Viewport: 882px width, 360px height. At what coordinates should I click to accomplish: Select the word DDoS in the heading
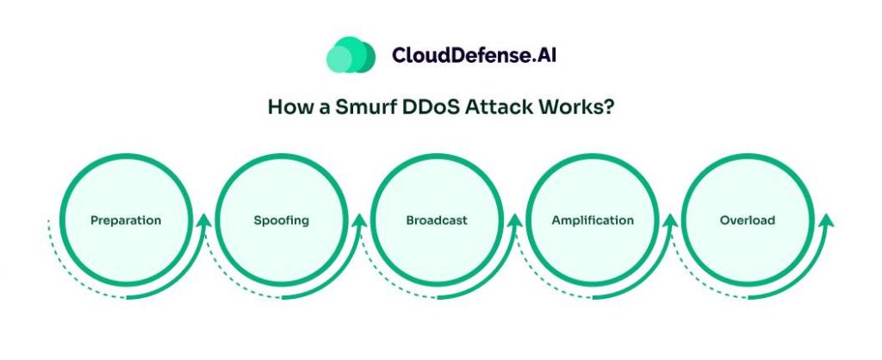point(419,109)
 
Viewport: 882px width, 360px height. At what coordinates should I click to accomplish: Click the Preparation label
point(126,220)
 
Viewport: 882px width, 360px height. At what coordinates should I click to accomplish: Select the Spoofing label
point(282,220)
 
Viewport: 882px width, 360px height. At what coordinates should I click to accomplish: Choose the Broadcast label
point(437,220)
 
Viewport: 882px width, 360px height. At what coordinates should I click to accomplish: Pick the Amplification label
point(593,220)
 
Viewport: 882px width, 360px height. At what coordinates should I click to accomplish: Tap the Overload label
point(748,220)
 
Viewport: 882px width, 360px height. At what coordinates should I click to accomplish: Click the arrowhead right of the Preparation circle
point(204,221)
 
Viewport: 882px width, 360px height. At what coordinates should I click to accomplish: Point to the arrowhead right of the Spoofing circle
point(360,221)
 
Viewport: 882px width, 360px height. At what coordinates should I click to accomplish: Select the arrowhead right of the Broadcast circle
point(515,221)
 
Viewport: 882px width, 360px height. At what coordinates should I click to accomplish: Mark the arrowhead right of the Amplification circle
point(671,221)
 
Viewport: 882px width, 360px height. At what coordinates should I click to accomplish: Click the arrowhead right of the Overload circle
point(826,221)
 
